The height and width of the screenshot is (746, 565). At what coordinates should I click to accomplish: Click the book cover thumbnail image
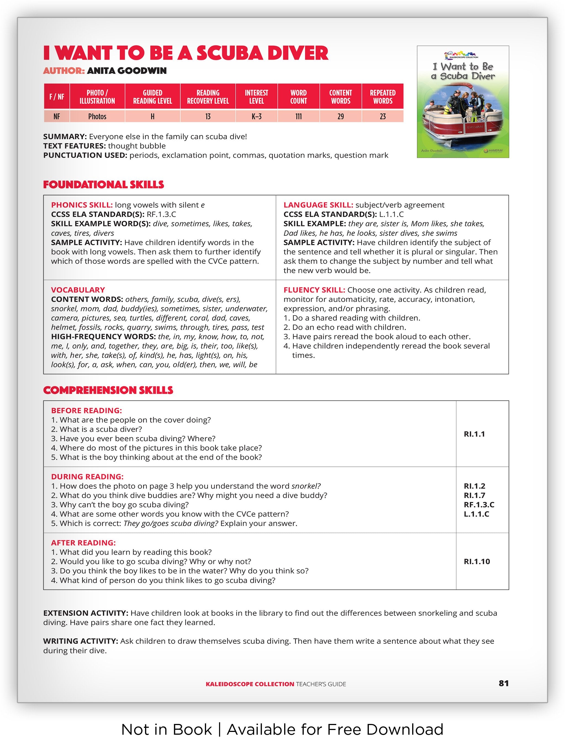pos(463,101)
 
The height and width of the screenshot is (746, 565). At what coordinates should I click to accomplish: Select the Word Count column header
pos(298,97)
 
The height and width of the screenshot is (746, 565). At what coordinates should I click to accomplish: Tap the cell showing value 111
pos(298,116)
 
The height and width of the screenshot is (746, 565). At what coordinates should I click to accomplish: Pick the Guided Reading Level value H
pos(153,116)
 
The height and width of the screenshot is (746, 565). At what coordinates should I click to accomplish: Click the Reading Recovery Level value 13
pos(208,116)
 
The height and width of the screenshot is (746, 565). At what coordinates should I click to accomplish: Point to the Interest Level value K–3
pos(256,116)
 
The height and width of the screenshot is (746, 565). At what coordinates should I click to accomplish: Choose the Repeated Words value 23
pos(383,116)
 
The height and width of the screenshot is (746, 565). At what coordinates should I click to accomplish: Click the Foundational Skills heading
pos(103,185)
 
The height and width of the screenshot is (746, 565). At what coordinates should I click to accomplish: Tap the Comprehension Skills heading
pos(108,390)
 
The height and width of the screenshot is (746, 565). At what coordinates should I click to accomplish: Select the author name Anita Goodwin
pos(127,71)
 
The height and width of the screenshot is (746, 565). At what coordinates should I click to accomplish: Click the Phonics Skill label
pos(82,205)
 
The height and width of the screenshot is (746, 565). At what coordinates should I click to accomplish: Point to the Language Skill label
pos(318,205)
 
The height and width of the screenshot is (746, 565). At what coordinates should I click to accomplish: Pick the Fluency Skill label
pos(314,290)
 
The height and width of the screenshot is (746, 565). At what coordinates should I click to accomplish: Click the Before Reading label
pos(86,410)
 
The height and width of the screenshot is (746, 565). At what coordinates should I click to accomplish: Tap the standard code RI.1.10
pos(477,561)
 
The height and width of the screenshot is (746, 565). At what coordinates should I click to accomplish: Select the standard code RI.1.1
pos(474,434)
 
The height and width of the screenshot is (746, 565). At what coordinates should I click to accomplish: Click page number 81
pos(503,684)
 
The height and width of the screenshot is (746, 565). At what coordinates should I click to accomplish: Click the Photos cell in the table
pos(97,116)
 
